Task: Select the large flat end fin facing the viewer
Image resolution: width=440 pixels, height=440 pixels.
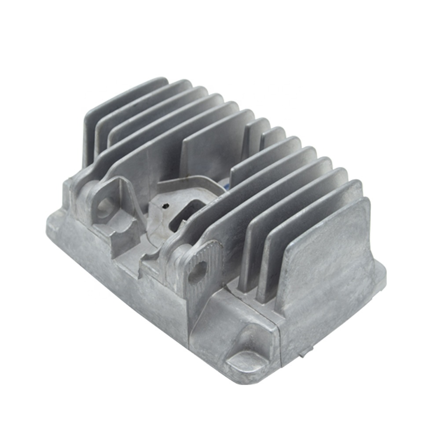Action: click(x=326, y=260)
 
